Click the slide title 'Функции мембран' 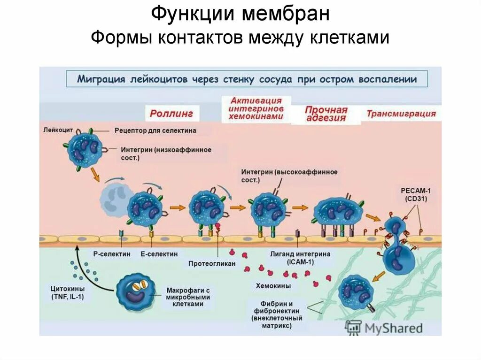tap(240, 14)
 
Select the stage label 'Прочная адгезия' tap(326, 114)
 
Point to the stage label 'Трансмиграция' tap(401, 114)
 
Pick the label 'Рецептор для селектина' tap(155, 130)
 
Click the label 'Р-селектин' tap(109, 254)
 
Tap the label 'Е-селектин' tap(159, 254)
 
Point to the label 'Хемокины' tap(273, 285)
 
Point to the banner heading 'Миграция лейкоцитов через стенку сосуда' tap(247, 79)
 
